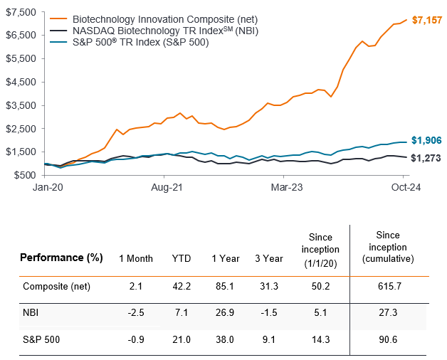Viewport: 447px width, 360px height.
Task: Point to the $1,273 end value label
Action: point(426,157)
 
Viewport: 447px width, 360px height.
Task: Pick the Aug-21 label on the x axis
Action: point(164,187)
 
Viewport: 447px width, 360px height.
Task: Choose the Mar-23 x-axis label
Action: point(285,187)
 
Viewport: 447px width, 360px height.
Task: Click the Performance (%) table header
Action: point(61,258)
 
